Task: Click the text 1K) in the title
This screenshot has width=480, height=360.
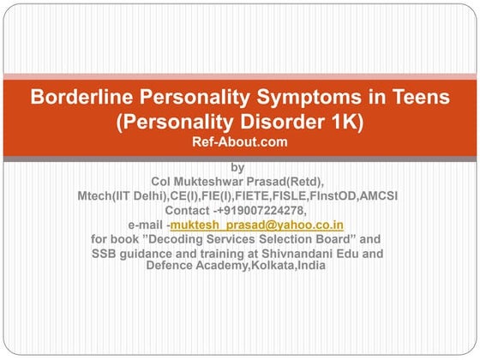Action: click(x=343, y=121)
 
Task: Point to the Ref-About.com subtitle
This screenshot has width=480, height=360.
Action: click(x=239, y=141)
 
